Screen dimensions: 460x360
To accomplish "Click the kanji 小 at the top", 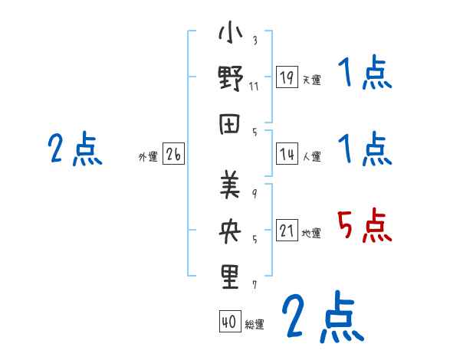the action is (x=230, y=35).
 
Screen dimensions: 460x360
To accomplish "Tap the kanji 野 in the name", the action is (x=230, y=79).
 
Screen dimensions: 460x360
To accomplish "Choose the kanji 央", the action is (x=230, y=231).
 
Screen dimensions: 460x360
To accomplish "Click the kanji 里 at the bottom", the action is (x=230, y=277).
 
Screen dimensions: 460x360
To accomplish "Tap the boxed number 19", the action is (x=287, y=77).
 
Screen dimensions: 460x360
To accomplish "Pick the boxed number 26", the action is (x=173, y=155).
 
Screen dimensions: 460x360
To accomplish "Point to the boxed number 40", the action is (x=228, y=322).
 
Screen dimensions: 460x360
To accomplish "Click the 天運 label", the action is (x=311, y=80).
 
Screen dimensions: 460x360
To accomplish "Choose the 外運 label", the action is (x=147, y=157).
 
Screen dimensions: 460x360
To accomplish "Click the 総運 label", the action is (x=254, y=325).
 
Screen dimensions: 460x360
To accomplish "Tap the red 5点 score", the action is (x=364, y=227).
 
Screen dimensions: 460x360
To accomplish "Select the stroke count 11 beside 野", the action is (x=254, y=86).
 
